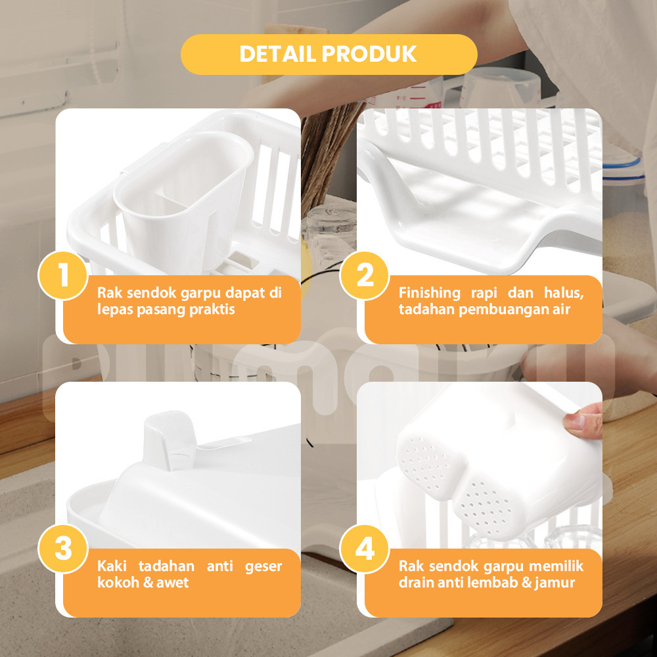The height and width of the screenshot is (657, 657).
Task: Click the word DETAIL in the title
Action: point(277,54)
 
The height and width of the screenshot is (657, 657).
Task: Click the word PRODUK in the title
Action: point(369,54)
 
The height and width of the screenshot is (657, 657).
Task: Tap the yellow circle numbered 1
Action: point(63,275)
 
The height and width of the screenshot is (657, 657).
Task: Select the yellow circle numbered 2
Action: point(365,275)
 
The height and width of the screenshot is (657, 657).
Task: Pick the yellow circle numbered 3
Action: point(63,549)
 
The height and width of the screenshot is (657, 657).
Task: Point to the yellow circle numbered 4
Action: point(365,549)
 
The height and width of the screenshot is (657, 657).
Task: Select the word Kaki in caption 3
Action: point(112,566)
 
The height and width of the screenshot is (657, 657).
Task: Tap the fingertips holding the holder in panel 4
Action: point(582,421)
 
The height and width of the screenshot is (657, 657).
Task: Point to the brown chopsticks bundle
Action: point(327,156)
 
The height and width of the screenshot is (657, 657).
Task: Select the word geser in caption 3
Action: point(263,567)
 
